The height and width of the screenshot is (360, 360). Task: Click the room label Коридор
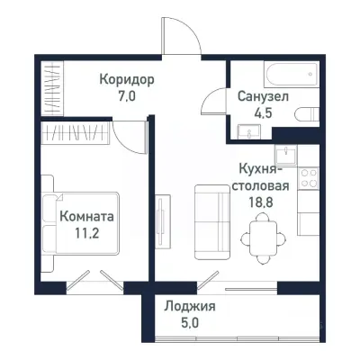127,79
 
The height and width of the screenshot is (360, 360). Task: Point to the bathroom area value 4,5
262,112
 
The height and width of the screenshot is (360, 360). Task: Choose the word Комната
87,216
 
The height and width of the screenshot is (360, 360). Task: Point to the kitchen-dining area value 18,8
264,203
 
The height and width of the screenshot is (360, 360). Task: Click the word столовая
264,187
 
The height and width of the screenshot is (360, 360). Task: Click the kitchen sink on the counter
285,154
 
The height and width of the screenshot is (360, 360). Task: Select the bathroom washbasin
244,131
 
